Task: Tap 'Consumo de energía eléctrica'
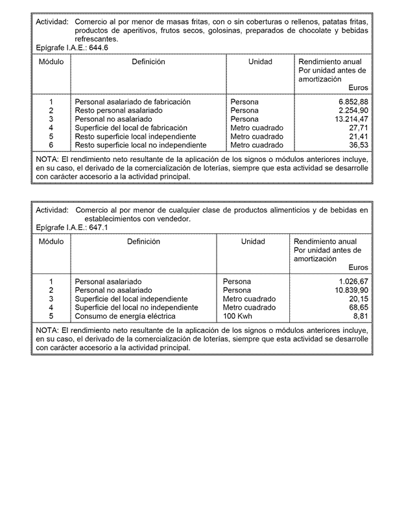click(125, 317)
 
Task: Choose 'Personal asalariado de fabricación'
click(132, 102)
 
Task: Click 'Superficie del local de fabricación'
click(131, 128)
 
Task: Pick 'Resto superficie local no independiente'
click(141, 146)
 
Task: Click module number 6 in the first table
click(51, 146)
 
